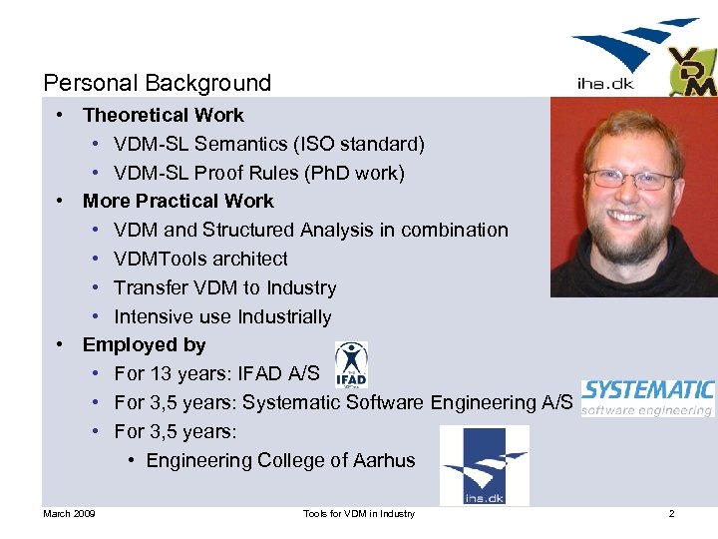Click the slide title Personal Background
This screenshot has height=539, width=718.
click(158, 83)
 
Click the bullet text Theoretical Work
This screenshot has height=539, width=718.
click(163, 115)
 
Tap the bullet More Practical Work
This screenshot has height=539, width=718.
click(179, 201)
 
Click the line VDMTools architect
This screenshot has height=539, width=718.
click(200, 259)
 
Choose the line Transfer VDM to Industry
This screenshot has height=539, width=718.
click(224, 287)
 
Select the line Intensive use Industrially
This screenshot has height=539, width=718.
click(222, 316)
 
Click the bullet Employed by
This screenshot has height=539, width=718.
click(145, 344)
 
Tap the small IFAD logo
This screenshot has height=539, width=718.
click(350, 364)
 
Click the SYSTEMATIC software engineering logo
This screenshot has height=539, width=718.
click(647, 396)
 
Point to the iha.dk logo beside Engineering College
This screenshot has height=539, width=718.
click(485, 464)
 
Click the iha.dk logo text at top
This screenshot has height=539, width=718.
click(605, 84)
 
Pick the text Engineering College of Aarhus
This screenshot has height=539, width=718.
click(280, 460)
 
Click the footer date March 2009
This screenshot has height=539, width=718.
click(69, 513)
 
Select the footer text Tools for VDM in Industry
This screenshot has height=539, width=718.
click(358, 513)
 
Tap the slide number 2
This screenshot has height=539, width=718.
click(671, 513)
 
